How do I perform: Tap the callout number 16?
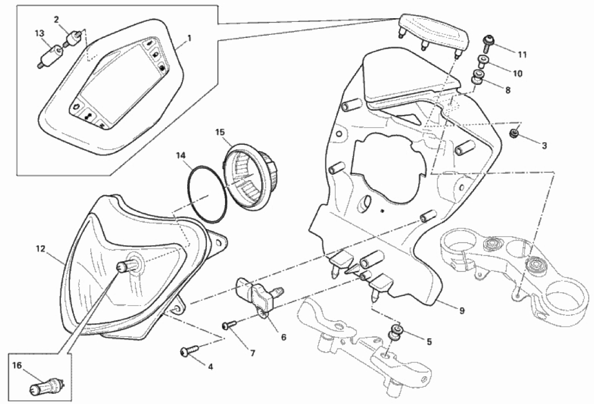[16, 366]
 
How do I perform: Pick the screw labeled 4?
[188, 351]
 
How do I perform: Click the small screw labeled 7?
[228, 324]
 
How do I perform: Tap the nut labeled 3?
[514, 133]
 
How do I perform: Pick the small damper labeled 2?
[73, 39]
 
